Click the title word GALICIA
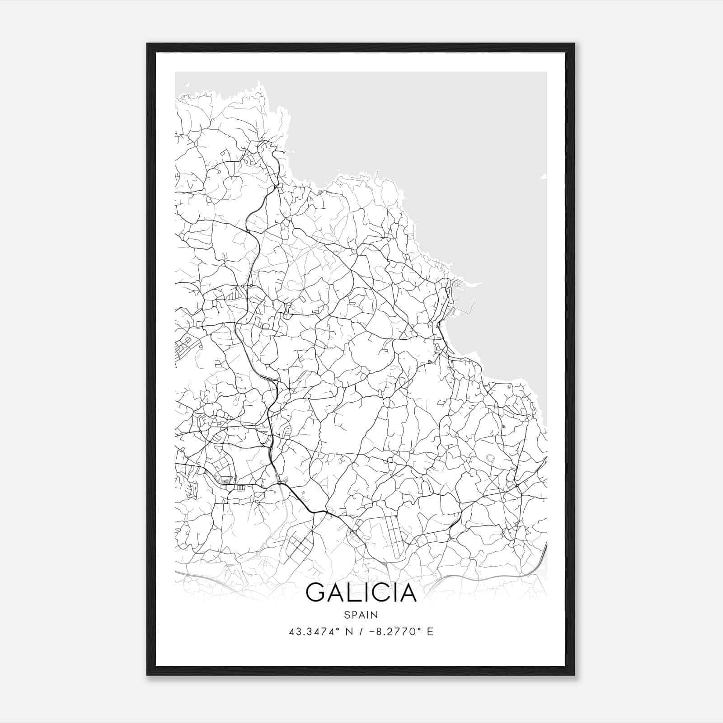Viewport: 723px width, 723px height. (361, 593)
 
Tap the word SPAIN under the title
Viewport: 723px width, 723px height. (361, 615)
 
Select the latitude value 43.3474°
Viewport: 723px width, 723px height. (315, 632)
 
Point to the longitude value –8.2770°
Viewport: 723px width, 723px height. (393, 632)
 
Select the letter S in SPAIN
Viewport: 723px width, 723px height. (347, 615)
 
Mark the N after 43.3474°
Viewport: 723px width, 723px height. (348, 632)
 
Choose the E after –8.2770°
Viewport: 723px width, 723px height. (430, 632)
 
